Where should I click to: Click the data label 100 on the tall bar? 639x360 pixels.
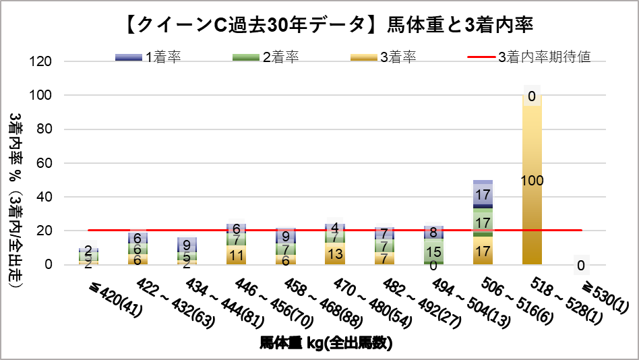coord(532,181)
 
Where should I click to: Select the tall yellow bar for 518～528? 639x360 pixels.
coord(532,222)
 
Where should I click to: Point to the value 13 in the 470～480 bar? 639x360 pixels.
coord(335,253)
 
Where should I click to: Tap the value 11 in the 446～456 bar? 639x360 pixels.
coord(237,255)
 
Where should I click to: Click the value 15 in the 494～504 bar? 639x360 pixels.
coord(433,252)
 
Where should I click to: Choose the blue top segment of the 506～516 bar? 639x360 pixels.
coord(483,193)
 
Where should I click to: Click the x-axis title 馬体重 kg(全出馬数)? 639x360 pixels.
coord(326,343)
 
